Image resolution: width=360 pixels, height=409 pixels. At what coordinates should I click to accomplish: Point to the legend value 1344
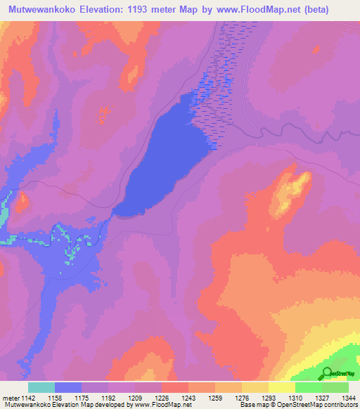[x=349, y=397]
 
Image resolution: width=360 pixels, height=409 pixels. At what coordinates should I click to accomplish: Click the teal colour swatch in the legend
[x=41, y=387]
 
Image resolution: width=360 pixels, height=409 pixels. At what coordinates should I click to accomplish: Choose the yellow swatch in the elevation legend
[x=281, y=387]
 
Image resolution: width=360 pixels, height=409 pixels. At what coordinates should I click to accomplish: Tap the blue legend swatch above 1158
[x=68, y=387]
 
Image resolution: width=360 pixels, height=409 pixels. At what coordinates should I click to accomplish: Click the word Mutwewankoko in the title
[x=44, y=9]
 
